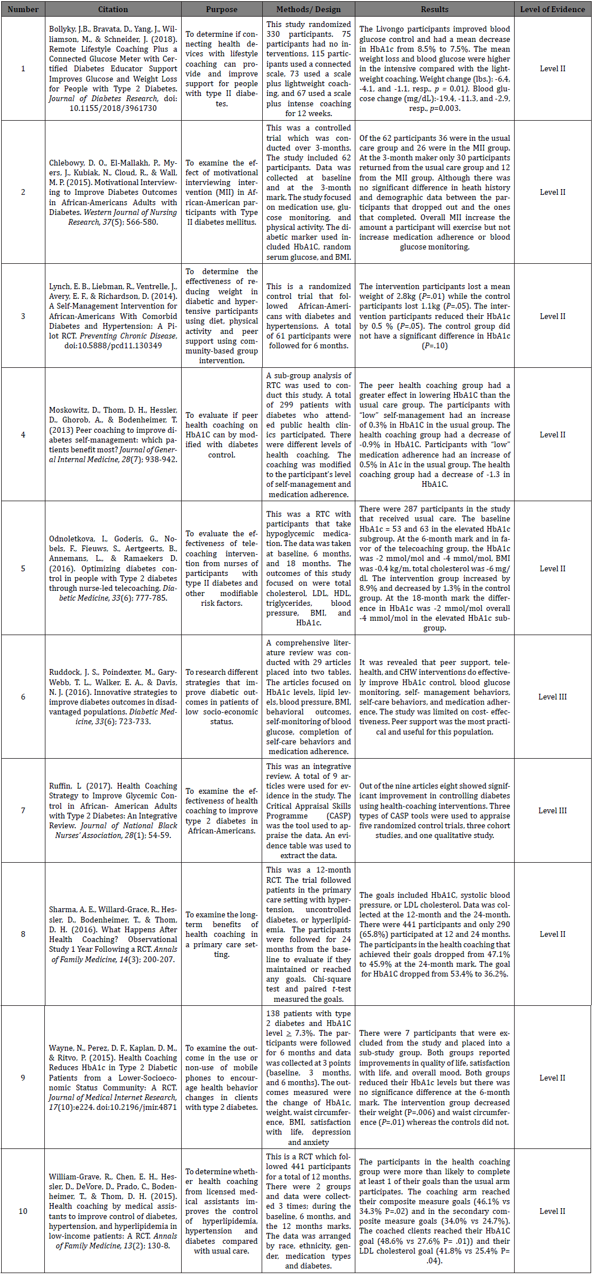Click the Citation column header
[113, 9]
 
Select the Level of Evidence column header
[552, 9]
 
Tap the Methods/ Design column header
[308, 9]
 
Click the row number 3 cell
[23, 316]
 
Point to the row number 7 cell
[23, 810]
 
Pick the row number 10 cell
[23, 1211]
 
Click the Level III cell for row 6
[552, 697]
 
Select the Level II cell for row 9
[552, 1078]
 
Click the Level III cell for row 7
[552, 810]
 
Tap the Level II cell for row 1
[552, 68]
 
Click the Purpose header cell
[221, 9]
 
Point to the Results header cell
[434, 9]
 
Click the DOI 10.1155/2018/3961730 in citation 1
[113, 108]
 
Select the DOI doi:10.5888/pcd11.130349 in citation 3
[113, 345]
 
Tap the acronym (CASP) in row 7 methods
[339, 816]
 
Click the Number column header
[23, 9]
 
